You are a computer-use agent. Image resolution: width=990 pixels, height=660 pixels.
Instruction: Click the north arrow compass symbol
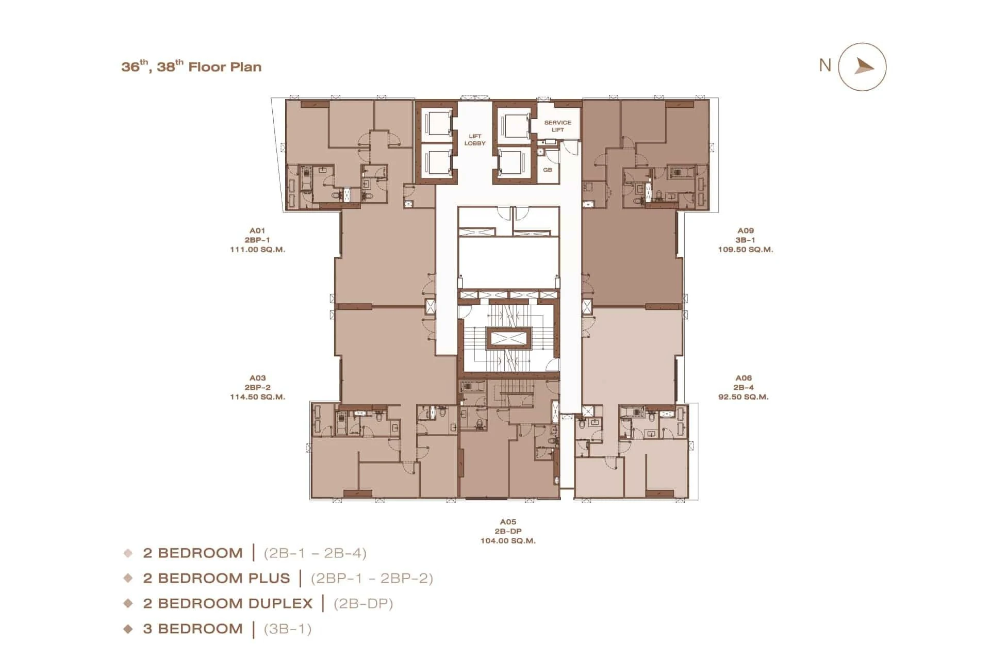point(862,67)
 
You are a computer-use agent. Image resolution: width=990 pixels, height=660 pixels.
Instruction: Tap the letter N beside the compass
point(825,65)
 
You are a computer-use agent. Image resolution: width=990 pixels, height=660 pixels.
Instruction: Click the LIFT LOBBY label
point(475,140)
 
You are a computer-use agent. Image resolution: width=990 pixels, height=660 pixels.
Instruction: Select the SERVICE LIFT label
point(557,126)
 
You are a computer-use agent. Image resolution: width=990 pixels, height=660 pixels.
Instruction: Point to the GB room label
point(548,170)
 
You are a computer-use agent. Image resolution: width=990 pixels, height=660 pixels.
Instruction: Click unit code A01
point(257,231)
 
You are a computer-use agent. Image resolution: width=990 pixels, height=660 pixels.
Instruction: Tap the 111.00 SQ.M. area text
point(257,250)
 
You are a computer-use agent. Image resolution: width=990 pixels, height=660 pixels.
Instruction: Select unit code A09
point(746,231)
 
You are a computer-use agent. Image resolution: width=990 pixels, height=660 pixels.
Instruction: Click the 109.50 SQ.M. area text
point(746,250)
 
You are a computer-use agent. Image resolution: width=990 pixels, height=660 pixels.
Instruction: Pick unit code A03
point(257,378)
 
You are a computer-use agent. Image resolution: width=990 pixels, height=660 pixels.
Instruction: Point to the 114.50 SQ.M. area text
point(257,397)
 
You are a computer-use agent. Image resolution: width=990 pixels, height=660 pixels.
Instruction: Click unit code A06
point(744,378)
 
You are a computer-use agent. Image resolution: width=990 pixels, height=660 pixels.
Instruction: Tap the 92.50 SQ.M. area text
point(744,397)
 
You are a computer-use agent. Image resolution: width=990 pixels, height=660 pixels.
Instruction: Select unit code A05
point(508,522)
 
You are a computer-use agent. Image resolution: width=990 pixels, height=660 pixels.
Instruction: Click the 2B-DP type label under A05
point(508,532)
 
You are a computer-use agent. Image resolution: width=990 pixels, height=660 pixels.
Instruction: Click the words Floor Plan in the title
point(225,67)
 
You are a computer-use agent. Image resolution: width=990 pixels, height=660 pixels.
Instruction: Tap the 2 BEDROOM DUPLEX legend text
point(228,603)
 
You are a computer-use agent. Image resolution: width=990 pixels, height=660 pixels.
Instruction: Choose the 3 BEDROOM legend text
point(193,629)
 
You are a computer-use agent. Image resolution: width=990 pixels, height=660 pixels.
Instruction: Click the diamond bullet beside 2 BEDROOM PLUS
point(128,578)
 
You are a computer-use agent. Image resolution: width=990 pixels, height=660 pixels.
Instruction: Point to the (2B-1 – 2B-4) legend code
point(315,553)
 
